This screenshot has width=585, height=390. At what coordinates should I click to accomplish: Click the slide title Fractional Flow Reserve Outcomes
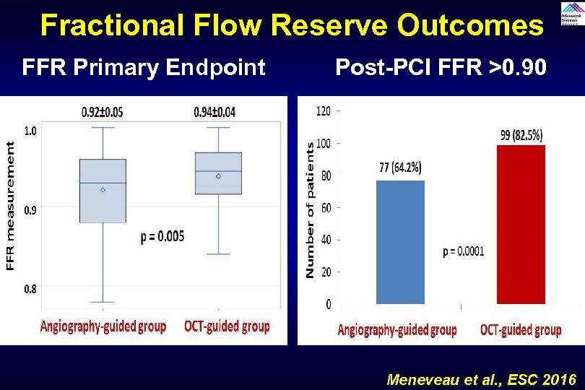(x=292, y=25)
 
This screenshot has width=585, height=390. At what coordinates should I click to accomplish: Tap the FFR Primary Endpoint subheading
(x=144, y=68)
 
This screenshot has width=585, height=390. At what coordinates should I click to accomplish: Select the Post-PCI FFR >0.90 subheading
(x=441, y=68)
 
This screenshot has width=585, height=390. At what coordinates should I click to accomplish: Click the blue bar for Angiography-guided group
(x=400, y=242)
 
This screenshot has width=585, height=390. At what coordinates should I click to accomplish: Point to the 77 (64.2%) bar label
(x=400, y=168)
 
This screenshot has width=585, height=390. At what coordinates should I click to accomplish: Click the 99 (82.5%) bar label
(x=521, y=134)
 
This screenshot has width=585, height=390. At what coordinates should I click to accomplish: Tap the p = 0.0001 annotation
(x=463, y=251)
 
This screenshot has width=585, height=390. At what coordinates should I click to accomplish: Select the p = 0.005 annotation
(x=162, y=238)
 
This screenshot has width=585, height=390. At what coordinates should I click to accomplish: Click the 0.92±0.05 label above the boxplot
(x=102, y=112)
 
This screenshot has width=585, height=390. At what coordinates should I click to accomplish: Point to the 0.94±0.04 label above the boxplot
(x=214, y=112)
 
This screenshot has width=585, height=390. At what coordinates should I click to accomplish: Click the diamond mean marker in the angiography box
(x=103, y=189)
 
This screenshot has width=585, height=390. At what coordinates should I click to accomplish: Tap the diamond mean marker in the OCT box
(x=218, y=175)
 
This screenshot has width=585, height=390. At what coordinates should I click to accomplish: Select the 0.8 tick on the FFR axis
(x=30, y=289)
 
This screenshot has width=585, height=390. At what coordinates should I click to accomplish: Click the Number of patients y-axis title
(x=310, y=209)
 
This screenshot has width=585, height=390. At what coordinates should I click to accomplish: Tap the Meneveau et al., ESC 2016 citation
(x=481, y=379)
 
